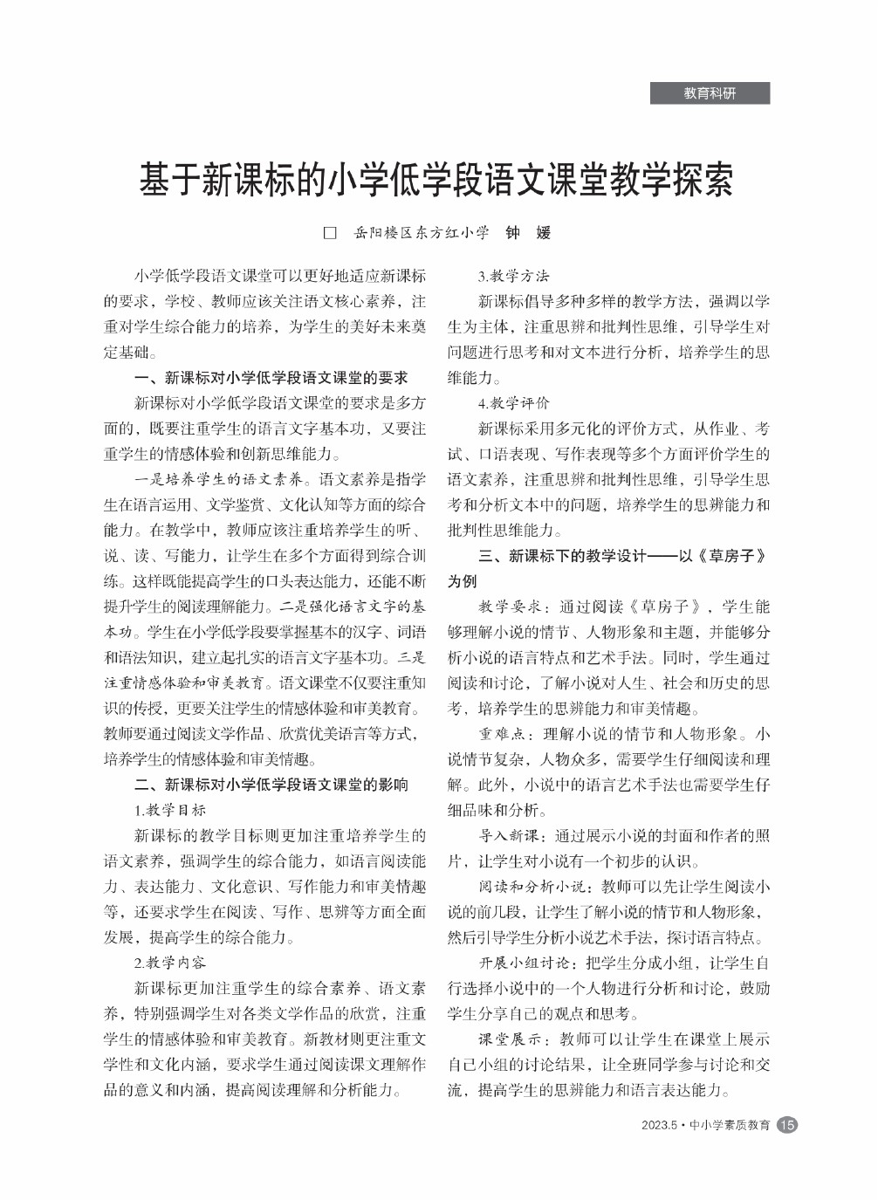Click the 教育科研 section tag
(710, 93)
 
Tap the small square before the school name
(330, 233)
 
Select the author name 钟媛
(528, 232)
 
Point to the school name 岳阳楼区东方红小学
(421, 233)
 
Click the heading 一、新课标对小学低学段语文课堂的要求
(271, 378)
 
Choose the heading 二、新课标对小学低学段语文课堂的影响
(271, 785)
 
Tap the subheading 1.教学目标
(170, 810)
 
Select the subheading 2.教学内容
(170, 963)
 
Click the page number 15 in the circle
(786, 1125)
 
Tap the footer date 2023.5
(659, 1126)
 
